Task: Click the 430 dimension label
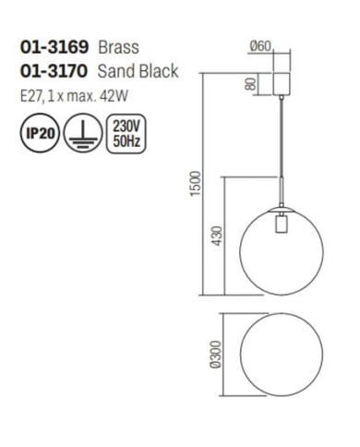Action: point(216,236)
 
